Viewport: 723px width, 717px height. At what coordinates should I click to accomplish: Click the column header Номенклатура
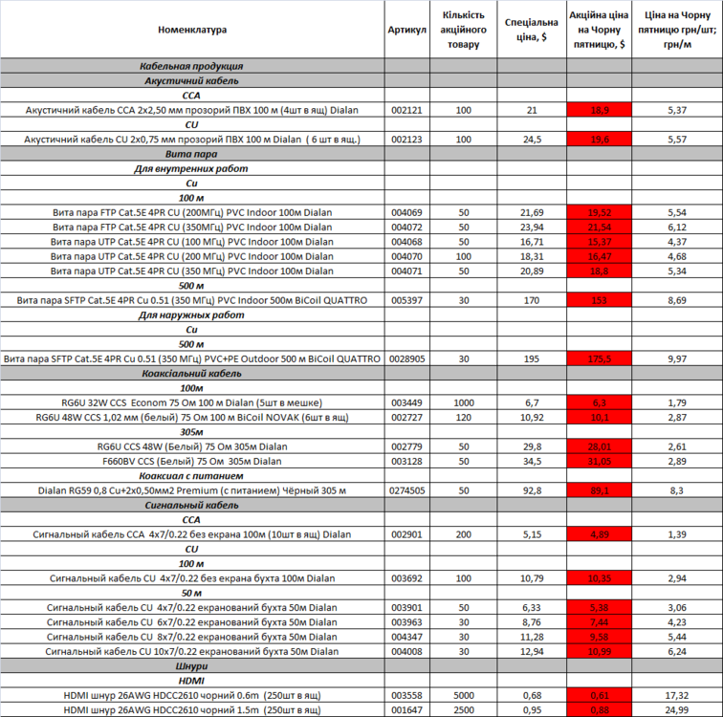192,30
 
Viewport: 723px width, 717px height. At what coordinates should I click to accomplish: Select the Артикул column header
407,30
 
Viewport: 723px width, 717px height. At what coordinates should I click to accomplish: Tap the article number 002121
407,111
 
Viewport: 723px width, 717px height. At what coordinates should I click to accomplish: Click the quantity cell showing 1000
464,402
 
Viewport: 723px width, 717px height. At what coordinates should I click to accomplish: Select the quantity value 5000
464,694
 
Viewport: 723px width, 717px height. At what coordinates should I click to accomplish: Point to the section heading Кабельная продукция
192,67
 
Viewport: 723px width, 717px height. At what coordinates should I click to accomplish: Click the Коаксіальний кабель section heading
192,373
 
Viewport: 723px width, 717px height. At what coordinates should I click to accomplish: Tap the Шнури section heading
192,665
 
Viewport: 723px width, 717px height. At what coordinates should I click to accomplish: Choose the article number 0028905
407,358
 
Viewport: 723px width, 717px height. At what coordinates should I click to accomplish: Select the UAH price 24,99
676,709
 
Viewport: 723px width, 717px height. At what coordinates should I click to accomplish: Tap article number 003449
407,402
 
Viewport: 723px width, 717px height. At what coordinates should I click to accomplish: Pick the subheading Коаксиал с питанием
192,475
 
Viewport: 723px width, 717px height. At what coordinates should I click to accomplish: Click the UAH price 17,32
676,694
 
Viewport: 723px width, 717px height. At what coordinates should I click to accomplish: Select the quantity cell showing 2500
464,709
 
